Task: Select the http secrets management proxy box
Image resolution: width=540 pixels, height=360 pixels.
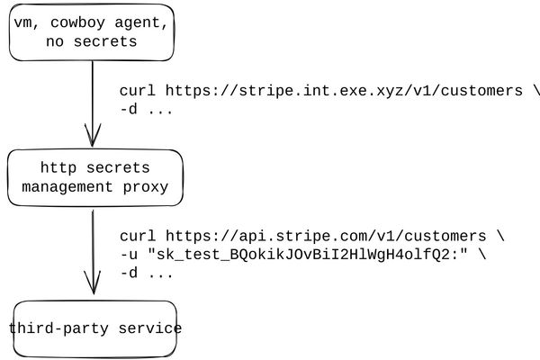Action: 94,177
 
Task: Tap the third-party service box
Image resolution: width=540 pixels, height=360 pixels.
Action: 94,328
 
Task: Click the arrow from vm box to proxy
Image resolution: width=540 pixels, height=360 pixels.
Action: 92,99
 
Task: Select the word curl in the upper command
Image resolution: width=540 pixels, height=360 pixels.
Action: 138,91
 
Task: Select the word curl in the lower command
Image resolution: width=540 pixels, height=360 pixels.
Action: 138,236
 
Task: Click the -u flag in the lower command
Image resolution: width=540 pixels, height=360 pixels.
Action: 129,255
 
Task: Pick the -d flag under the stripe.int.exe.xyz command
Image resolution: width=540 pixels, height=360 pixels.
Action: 129,110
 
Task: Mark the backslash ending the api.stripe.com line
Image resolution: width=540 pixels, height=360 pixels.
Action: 501,236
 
